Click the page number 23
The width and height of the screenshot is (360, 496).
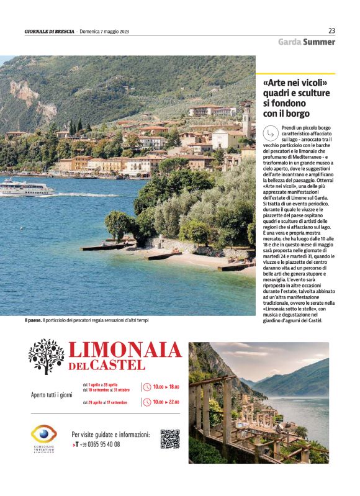coord(331,30)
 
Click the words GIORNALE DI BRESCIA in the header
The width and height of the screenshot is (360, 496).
coord(49,31)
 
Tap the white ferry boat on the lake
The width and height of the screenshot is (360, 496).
coord(26,187)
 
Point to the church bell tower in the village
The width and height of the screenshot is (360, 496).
coord(246,119)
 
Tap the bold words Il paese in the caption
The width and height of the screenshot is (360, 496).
coord(32,320)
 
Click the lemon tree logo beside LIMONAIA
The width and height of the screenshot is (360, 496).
coord(46,356)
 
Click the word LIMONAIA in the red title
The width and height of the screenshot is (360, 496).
coord(124,350)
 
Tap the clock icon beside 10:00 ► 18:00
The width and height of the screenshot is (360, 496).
coord(146,387)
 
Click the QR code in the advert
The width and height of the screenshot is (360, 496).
coord(169,438)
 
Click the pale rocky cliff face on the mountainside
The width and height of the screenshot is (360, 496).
coord(25,93)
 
